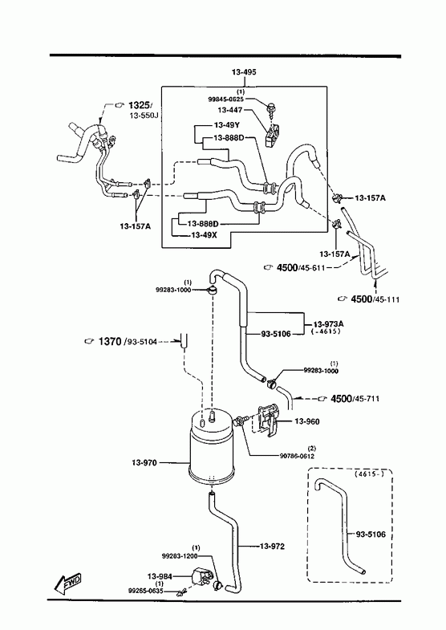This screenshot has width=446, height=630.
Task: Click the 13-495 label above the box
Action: click(x=244, y=72)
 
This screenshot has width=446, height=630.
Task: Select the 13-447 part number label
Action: click(x=230, y=110)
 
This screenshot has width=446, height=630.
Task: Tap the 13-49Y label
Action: click(x=227, y=124)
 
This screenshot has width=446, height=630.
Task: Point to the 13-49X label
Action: click(x=204, y=235)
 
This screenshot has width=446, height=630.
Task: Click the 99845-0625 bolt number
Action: click(x=225, y=99)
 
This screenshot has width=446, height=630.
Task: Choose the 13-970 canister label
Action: click(x=144, y=463)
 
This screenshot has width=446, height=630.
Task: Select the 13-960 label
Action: click(x=307, y=421)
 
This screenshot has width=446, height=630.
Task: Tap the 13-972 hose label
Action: click(x=272, y=547)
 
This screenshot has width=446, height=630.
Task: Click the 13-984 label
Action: click(x=160, y=576)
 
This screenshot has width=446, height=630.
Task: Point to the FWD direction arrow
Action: click(x=68, y=582)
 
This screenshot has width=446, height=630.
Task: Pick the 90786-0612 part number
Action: click(x=297, y=456)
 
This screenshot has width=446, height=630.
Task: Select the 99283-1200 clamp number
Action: click(x=180, y=556)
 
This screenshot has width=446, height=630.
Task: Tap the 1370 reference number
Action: click(x=110, y=342)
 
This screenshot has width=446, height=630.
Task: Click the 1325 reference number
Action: click(x=139, y=106)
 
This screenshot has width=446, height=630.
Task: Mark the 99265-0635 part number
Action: click(x=145, y=591)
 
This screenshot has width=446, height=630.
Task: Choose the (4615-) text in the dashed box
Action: click(x=369, y=474)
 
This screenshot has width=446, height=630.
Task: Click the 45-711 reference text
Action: click(x=367, y=399)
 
